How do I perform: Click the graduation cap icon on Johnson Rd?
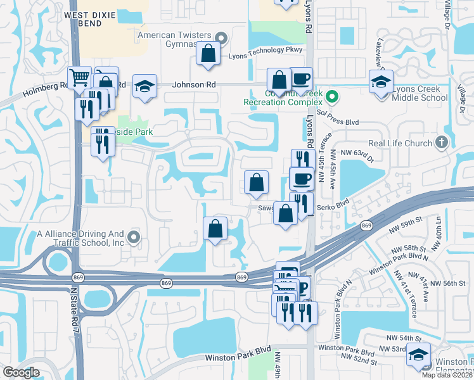[144, 87]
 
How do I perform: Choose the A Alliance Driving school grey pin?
[133, 237]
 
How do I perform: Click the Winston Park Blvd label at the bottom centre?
[238, 358]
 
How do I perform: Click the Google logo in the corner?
[21, 372]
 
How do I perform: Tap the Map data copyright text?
[446, 375]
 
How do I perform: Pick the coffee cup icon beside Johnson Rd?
[301, 79]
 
